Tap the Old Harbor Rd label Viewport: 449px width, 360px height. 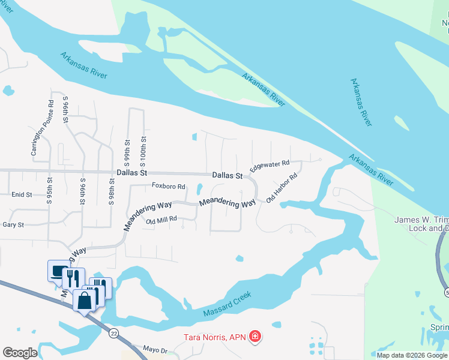pos(282,188)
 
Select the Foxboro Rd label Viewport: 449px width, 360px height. pos(168,187)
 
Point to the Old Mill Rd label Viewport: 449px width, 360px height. pos(161,220)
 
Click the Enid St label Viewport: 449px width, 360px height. pos(22,195)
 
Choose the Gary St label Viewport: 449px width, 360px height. pos(13,225)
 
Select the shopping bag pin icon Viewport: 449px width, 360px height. pos(85,300)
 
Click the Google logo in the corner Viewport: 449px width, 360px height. pos(20,353)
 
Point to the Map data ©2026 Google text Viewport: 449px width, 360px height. pos(412,355)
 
